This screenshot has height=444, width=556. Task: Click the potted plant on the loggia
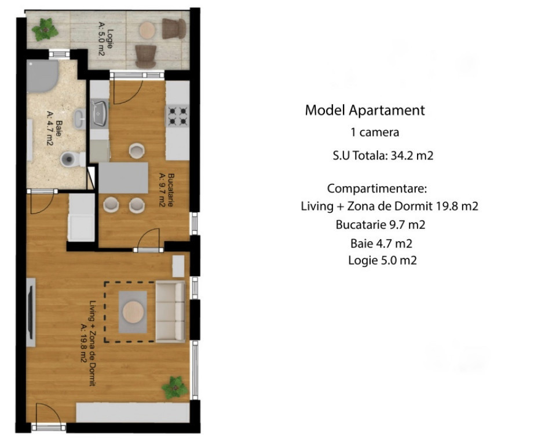click(45, 29)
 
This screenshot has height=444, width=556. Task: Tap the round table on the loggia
click(147, 31)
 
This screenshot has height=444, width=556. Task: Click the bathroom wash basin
click(79, 119)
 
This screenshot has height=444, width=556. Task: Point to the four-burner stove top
click(178, 116)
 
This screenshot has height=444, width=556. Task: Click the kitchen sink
click(100, 114)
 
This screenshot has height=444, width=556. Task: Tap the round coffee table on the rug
click(133, 312)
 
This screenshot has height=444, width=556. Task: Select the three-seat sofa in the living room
click(170, 312)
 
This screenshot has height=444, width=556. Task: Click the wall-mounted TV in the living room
click(31, 312)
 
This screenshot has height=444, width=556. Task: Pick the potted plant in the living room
click(175, 388)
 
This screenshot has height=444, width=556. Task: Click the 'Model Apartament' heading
click(365, 110)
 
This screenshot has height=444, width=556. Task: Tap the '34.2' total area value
click(402, 156)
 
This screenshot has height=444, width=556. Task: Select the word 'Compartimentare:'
click(377, 188)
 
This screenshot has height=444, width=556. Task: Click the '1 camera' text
click(375, 132)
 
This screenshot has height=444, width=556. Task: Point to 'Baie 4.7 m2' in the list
click(381, 243)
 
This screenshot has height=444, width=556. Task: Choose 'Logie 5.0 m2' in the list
click(382, 261)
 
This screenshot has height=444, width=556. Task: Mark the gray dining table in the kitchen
click(123, 177)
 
